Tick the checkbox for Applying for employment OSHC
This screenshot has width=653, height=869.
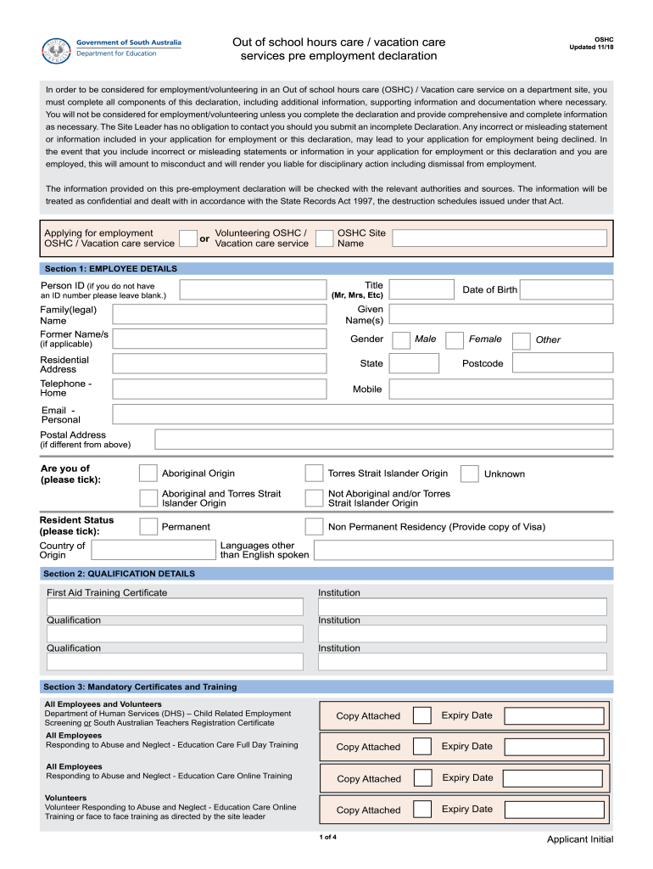[x=188, y=238]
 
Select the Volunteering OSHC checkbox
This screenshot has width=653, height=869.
[x=324, y=238]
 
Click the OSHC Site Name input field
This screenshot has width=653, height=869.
[x=500, y=238]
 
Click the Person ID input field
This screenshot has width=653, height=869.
[x=253, y=290]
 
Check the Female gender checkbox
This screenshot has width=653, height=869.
[x=455, y=339]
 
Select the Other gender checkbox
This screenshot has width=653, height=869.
[x=522, y=339]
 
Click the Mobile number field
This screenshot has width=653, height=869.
[x=500, y=389]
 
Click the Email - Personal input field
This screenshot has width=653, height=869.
[x=362, y=414]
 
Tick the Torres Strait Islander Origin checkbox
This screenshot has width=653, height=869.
[x=314, y=474]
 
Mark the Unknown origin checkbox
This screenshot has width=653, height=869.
[x=469, y=474]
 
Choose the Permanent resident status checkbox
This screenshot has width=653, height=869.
[x=148, y=526]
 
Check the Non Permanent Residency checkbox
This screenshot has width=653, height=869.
[x=314, y=526]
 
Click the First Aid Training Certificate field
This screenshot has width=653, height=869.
[x=174, y=606]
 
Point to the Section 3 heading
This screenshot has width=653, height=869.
[x=141, y=687]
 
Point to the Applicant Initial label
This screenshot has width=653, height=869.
[x=579, y=839]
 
